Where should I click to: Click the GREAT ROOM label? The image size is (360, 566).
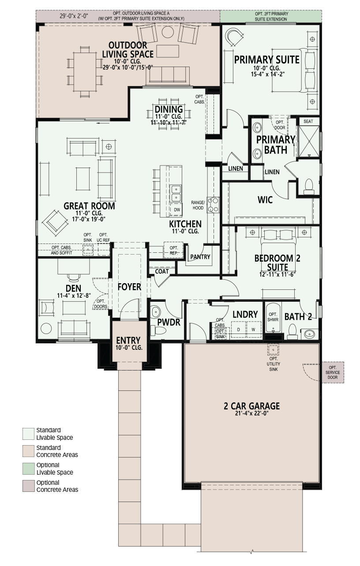89,206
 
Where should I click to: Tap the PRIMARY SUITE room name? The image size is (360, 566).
267,60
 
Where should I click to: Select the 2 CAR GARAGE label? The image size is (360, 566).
251,406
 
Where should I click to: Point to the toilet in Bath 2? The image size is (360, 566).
292,331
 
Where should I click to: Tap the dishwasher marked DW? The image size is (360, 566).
176,210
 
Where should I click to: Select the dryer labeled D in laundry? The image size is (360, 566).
238,329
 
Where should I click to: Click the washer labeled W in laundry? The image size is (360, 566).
254,329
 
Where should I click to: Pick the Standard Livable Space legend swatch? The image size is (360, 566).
28,434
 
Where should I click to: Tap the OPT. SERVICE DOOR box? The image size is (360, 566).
333,372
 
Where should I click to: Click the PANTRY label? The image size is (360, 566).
200,257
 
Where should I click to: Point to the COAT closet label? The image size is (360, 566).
161,271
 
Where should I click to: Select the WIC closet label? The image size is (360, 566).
265,200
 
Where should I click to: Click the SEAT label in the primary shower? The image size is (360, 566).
308,121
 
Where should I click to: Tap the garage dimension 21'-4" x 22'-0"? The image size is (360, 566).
251,413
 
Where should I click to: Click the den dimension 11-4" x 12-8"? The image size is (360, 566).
74,296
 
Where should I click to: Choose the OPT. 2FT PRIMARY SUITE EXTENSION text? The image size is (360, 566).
271,16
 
